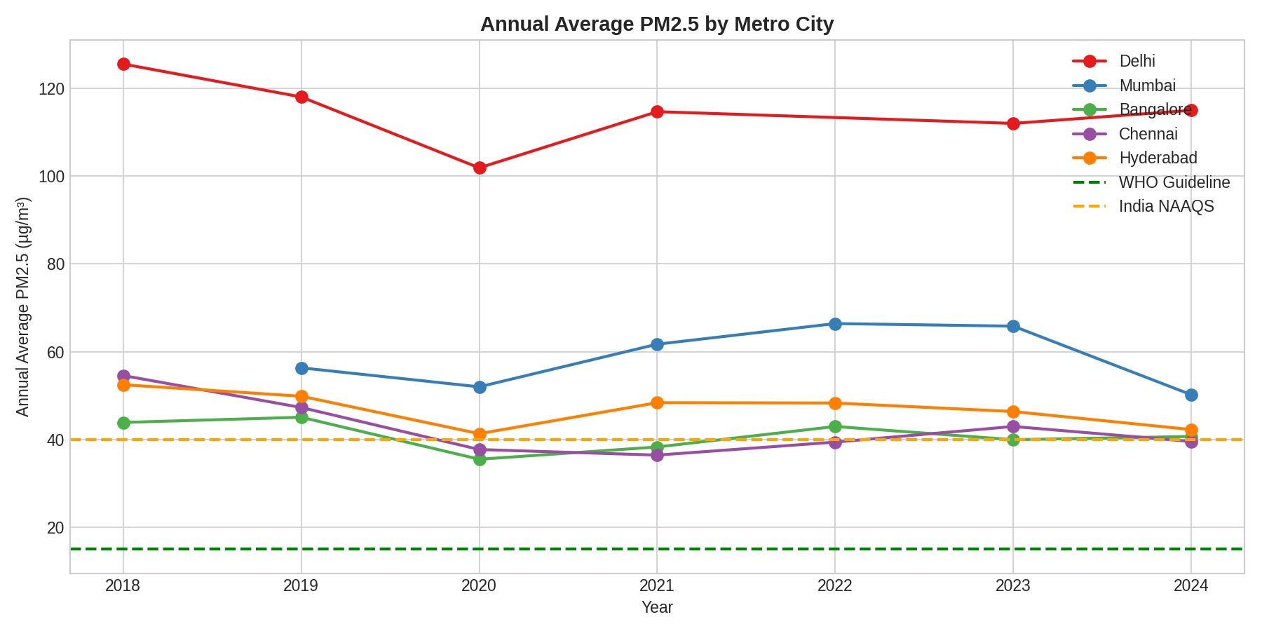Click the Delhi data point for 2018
123,65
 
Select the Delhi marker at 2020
480,168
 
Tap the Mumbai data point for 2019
301,368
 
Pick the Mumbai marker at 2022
835,324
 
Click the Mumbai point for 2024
1191,395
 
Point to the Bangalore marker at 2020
480,459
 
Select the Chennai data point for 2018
123,376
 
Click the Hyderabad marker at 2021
657,402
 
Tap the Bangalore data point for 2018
123,423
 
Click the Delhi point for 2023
1013,123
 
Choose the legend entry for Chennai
1148,134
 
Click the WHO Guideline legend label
1174,182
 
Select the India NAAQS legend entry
1166,207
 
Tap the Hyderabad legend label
1158,158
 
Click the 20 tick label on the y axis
55,528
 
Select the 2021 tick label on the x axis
657,586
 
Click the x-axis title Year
657,608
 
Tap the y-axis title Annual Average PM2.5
23,307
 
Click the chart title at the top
657,25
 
